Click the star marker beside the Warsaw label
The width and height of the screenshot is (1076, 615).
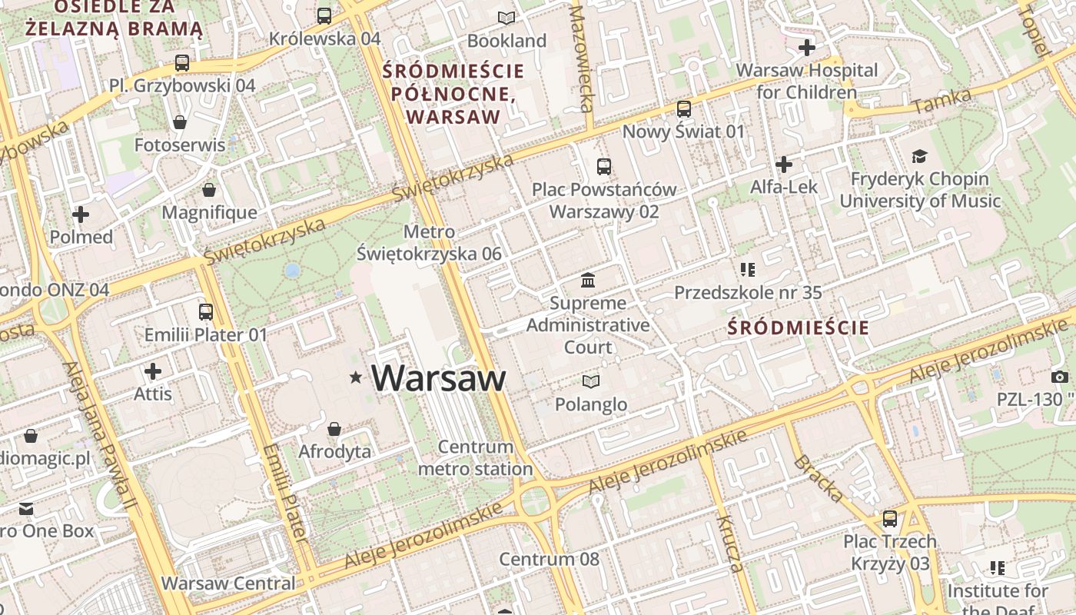[x=355, y=377]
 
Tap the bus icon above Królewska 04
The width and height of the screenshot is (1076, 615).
[x=324, y=15]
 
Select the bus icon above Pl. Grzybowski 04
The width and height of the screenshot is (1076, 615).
[x=182, y=63]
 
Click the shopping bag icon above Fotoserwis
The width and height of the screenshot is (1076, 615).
[x=180, y=122]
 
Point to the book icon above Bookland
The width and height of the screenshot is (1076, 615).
[x=506, y=18]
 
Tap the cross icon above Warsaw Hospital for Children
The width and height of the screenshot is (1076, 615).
[x=806, y=48]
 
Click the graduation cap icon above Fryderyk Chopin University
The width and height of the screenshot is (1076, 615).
[x=919, y=157]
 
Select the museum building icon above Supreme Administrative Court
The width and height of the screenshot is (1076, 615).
[x=588, y=279]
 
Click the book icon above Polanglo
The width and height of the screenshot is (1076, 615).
[x=590, y=381]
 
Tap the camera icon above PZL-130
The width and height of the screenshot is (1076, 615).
[x=1059, y=377]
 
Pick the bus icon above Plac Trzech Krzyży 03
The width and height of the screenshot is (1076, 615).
[x=890, y=519]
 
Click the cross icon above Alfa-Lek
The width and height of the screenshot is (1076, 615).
[x=783, y=164]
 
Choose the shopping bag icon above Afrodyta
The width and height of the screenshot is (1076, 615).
[x=334, y=428]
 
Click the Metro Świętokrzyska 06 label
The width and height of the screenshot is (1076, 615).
[x=429, y=243]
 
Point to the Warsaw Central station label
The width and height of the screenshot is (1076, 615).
[x=228, y=583]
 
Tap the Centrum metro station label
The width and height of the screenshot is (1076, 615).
[x=475, y=457]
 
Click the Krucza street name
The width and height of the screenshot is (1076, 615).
[x=730, y=544]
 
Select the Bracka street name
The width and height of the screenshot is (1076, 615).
[x=817, y=477]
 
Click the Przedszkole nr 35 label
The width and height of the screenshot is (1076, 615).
[x=748, y=292]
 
